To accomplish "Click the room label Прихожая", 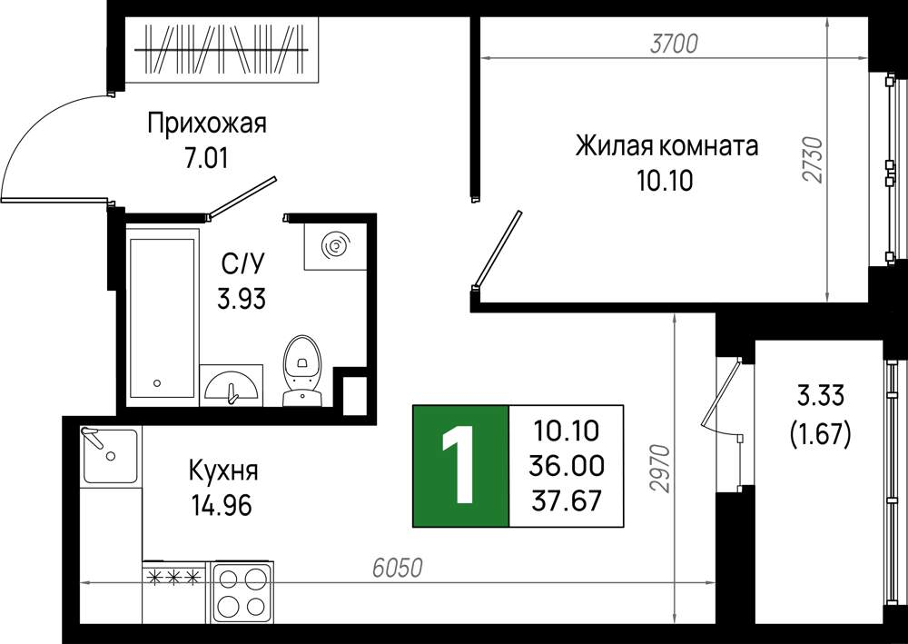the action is tap(207, 124).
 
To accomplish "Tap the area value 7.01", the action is tap(206, 157).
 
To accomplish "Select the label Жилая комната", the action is tap(666, 146).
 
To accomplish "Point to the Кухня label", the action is tap(223, 471).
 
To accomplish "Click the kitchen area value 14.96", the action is tap(222, 506).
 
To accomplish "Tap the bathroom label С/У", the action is tap(242, 264).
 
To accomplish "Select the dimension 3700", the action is tap(674, 44).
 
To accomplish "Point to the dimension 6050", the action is tap(398, 568).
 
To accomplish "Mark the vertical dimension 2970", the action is tap(659, 469).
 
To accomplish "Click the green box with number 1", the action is tap(460, 466).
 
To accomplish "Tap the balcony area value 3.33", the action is tap(821, 397).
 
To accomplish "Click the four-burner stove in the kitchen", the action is tap(242, 592).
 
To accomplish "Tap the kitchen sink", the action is tap(110, 456).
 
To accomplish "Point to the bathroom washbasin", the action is tap(232, 385).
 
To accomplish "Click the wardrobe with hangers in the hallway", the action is tap(222, 50).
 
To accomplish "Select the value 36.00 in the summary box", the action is tap(567, 466).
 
